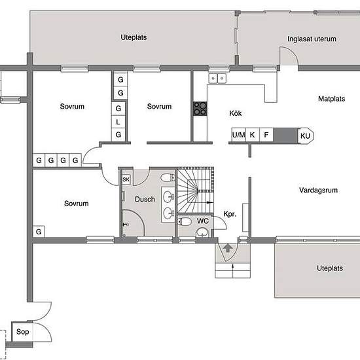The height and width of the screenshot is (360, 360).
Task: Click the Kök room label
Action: (x=236, y=113)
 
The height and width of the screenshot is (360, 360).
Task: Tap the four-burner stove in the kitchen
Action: (x=200, y=109)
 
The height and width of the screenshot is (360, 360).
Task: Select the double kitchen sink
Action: (x=217, y=79)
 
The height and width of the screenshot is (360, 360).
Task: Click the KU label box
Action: (x=306, y=135)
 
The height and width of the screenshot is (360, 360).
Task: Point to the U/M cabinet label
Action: (x=238, y=135)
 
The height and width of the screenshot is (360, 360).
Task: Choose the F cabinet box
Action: (x=266, y=135)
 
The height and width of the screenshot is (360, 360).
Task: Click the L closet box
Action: (x=118, y=122)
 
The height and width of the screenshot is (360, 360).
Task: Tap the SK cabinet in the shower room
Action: (x=126, y=179)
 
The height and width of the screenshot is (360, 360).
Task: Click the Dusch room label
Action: (x=145, y=199)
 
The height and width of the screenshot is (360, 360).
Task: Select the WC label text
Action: (x=203, y=221)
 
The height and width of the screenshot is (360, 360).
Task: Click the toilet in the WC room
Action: (x=185, y=222)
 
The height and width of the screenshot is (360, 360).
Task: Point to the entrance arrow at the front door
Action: (x=228, y=248)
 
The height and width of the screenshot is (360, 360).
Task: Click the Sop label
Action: (x=22, y=332)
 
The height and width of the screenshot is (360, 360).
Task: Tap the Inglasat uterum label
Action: (x=312, y=39)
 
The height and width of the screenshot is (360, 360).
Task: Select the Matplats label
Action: (x=332, y=99)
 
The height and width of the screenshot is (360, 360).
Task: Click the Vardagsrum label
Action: (x=318, y=190)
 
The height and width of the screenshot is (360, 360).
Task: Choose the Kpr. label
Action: (x=230, y=214)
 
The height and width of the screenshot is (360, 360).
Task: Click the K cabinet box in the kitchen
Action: (x=252, y=135)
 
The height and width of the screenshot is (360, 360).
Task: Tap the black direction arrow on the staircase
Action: (x=209, y=202)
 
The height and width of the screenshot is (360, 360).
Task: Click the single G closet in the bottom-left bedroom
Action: (x=39, y=232)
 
